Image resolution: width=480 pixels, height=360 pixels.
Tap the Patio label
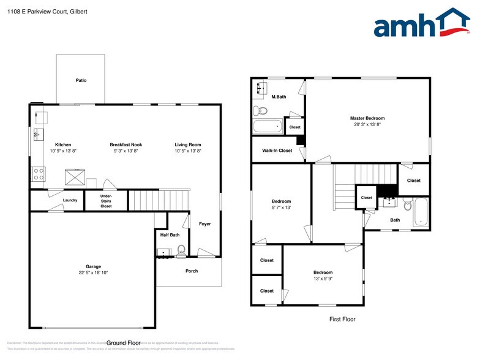click(x=81, y=80)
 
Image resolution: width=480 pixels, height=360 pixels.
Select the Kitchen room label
click(x=63, y=144)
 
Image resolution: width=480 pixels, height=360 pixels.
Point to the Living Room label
click(x=188, y=144)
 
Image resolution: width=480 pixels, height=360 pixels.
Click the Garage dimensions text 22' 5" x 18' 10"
click(x=93, y=272)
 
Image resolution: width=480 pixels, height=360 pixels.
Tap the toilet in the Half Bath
click(x=181, y=250)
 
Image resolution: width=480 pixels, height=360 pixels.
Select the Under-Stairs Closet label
click(x=106, y=201)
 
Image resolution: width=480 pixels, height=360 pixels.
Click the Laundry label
click(x=70, y=200)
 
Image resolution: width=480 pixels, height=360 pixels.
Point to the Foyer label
click(x=204, y=224)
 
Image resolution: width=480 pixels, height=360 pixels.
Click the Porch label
click(x=192, y=271)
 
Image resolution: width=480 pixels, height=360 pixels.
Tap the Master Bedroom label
click(x=367, y=118)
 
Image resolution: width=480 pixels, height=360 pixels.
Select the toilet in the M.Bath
click(x=261, y=111)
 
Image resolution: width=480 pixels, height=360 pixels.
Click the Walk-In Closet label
click(x=277, y=150)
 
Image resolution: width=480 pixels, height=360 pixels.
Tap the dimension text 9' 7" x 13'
click(x=282, y=208)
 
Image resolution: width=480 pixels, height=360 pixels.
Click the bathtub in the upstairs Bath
click(x=421, y=212)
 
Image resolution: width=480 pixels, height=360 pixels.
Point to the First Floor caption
click(x=342, y=319)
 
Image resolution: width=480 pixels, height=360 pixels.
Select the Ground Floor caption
click(x=124, y=343)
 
